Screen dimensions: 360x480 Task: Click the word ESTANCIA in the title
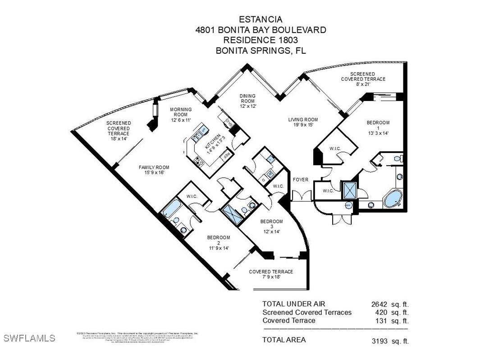point(261,19)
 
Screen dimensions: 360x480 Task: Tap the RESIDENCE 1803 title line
point(261,40)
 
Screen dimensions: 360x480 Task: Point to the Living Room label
point(303,122)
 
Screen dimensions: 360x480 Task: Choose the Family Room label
point(154,170)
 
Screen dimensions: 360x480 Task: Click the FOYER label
point(301,180)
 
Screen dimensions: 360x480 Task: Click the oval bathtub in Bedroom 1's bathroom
point(393,198)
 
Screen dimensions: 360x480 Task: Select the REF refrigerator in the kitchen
point(228,155)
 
